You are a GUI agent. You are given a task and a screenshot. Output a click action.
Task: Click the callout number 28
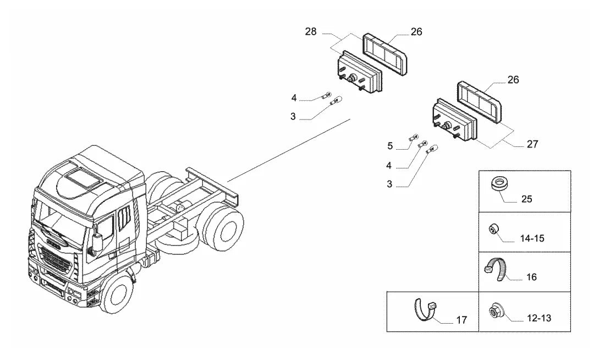pyautogui.click(x=311, y=32)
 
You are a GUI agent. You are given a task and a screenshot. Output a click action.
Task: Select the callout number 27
pyautogui.click(x=532, y=144)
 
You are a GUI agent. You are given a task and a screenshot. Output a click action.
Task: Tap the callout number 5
pyautogui.click(x=389, y=146)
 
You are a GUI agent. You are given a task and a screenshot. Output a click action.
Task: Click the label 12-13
pyautogui.click(x=539, y=318)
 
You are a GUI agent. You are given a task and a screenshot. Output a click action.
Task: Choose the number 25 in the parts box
pyautogui.click(x=526, y=199)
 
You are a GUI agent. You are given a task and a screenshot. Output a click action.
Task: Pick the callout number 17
pyautogui.click(x=461, y=320)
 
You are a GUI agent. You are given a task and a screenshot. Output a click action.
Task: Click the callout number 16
pyautogui.click(x=531, y=277)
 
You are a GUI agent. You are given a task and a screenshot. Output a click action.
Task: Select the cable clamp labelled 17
pyautogui.click(x=425, y=309)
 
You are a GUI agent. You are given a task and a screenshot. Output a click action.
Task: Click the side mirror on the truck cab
pyautogui.click(x=97, y=243)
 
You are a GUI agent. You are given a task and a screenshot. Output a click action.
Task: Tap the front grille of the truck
pyautogui.click(x=56, y=259)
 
